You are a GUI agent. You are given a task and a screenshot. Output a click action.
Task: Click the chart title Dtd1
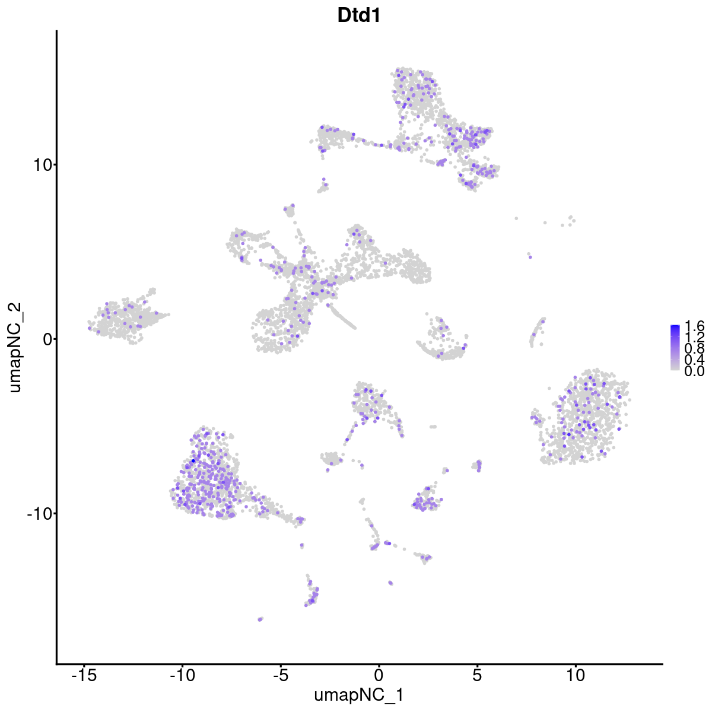click(358, 16)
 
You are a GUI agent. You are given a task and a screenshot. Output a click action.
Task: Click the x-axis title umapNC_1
click(358, 695)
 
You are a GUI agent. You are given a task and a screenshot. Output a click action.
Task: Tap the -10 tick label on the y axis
click(38, 513)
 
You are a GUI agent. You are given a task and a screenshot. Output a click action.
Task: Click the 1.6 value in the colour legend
click(694, 326)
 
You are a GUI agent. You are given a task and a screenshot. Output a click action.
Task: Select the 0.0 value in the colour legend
click(694, 371)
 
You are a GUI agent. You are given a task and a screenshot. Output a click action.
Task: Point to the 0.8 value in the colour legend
click(694, 349)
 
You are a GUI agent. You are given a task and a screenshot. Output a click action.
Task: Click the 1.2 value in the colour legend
click(694, 338)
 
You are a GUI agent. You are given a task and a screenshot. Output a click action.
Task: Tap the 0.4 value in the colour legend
click(694, 360)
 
